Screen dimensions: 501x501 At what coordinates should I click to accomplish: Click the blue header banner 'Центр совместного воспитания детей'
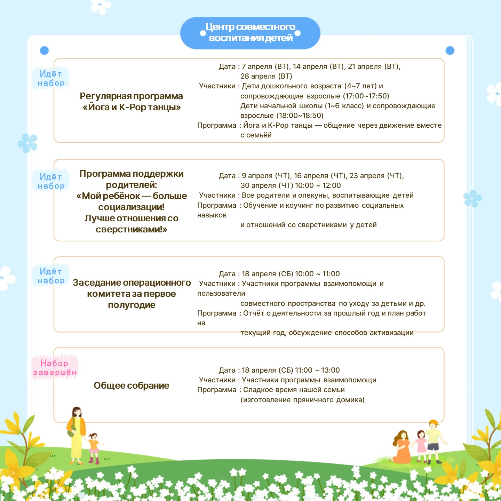pos(250,33)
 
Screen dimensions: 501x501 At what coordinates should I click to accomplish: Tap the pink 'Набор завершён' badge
pos(55,368)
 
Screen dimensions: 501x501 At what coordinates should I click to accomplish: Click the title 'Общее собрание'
pos(132,385)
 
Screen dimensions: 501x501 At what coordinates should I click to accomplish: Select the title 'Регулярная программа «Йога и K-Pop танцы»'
pos(132,102)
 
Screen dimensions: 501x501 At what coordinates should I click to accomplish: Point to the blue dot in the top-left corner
pos(44,50)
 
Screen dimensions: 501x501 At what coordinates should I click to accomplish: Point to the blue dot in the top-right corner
pos(450,50)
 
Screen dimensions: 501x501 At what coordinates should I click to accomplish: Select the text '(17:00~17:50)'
pos(366,96)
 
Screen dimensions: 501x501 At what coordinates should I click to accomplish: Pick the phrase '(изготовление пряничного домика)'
pos(302,400)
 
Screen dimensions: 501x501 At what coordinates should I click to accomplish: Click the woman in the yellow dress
pos(77,433)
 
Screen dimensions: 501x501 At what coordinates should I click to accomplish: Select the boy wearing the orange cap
pos(434,440)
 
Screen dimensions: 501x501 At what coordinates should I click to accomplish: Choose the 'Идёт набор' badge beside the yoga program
pos(51,78)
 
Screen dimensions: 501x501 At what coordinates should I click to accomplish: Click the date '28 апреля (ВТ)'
pos(266,76)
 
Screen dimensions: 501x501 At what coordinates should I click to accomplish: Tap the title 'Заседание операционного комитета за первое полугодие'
pos(132,294)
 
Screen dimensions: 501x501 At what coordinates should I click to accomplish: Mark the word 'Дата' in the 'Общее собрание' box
pos(227,370)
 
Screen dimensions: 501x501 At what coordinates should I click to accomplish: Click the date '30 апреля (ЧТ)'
pos(266,185)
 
